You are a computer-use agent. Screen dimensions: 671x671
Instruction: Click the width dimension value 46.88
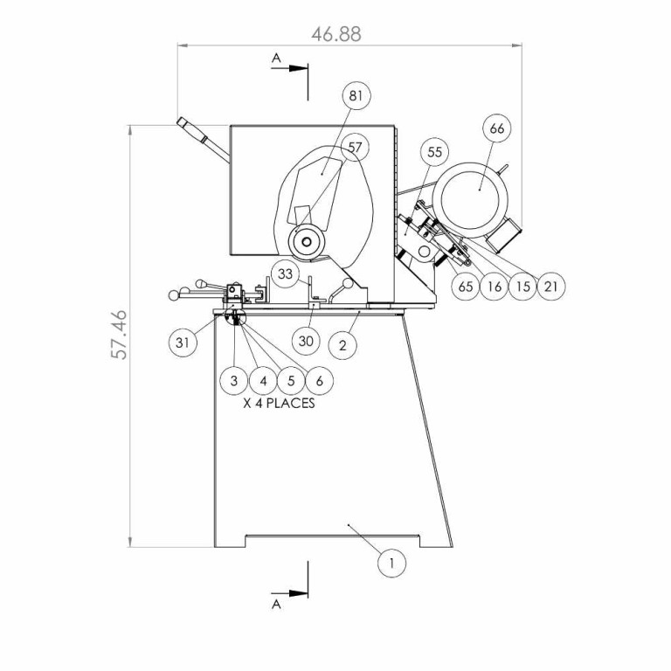pyautogui.click(x=336, y=34)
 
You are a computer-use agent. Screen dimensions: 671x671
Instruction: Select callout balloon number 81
pyautogui.click(x=356, y=96)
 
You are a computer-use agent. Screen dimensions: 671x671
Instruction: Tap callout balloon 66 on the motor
pyautogui.click(x=496, y=129)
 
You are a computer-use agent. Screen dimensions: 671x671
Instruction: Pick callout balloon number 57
pyautogui.click(x=356, y=148)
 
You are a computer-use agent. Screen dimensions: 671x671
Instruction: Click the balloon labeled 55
pyautogui.click(x=435, y=152)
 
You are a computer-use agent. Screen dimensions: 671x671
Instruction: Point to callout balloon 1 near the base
pyautogui.click(x=392, y=564)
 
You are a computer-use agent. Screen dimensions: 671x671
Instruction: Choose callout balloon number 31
pyautogui.click(x=182, y=342)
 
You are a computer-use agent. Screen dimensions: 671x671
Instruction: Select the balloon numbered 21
pyautogui.click(x=551, y=286)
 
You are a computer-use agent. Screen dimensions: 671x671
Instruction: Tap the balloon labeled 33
pyautogui.click(x=284, y=273)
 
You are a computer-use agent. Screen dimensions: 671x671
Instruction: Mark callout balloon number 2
pyautogui.click(x=342, y=344)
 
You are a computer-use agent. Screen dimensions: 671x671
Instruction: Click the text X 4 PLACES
pyautogui.click(x=279, y=405)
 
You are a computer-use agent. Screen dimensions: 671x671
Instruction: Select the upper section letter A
pyautogui.click(x=277, y=58)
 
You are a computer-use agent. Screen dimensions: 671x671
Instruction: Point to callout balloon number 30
pyautogui.click(x=306, y=341)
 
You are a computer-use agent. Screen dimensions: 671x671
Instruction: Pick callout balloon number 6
pyautogui.click(x=320, y=381)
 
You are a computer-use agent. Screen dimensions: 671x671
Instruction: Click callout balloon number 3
pyautogui.click(x=234, y=381)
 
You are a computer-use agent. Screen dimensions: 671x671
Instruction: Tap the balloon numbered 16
pyautogui.click(x=495, y=286)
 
